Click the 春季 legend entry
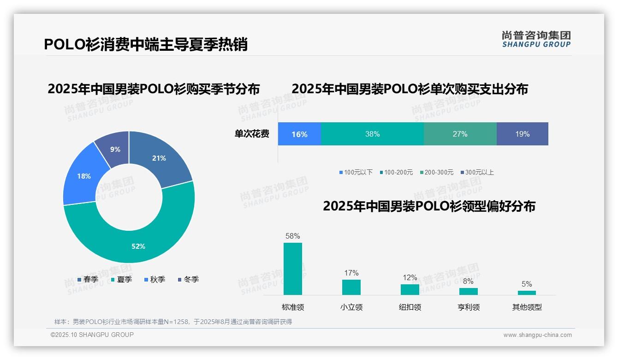click(88, 279)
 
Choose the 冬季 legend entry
click(188, 279)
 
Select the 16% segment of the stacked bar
click(299, 134)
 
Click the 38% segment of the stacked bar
click(372, 134)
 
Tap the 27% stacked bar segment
click(460, 134)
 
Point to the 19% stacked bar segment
click(522, 134)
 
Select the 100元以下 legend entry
click(356, 172)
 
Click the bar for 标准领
click(293, 269)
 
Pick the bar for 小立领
click(351, 287)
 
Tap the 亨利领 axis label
click(469, 307)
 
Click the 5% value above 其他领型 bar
click(527, 284)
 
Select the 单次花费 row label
click(252, 134)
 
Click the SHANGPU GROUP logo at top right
click(536, 39)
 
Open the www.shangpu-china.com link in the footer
click(537, 335)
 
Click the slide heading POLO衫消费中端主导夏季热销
click(146, 44)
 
